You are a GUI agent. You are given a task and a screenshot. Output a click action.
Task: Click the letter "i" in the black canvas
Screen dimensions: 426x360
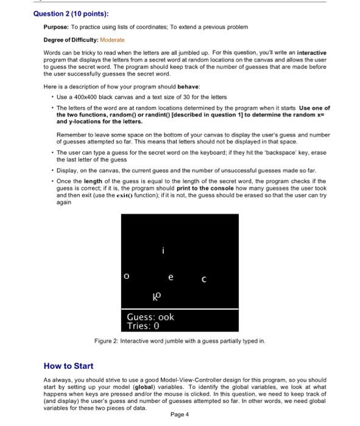click(x=163, y=250)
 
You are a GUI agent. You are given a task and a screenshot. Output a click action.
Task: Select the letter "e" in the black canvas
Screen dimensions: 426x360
click(x=171, y=277)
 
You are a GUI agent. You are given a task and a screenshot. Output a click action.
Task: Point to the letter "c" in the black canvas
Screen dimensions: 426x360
click(x=204, y=280)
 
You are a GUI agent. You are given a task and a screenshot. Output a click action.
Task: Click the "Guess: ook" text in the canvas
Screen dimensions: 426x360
click(x=150, y=317)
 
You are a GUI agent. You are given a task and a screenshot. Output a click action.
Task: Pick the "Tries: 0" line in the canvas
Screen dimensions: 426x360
click(x=143, y=327)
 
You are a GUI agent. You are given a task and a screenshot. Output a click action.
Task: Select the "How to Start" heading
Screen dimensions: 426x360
click(x=68, y=366)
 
